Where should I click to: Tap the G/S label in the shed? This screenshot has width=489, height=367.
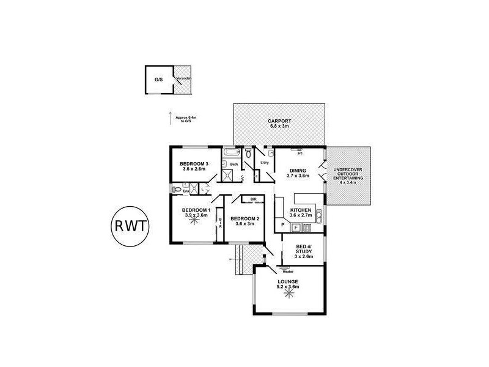(158, 80)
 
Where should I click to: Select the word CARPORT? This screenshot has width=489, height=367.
(279, 121)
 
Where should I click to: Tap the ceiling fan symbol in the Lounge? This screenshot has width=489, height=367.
(288, 292)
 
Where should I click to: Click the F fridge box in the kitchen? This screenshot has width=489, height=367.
(296, 228)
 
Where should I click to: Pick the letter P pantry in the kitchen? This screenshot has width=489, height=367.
(282, 226)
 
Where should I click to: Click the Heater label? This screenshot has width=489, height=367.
(288, 272)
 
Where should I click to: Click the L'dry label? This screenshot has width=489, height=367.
(265, 163)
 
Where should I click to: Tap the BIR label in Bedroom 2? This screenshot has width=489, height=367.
(252, 199)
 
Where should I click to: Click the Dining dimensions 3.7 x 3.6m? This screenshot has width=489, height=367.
(299, 176)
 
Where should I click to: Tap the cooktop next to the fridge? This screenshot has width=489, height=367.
(308, 228)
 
